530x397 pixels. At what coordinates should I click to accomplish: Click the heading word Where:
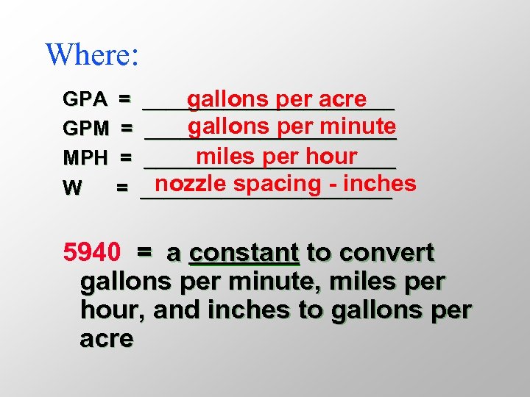click(x=92, y=54)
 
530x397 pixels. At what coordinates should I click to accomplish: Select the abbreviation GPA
click(x=85, y=99)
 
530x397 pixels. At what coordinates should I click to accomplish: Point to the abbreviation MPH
click(x=86, y=157)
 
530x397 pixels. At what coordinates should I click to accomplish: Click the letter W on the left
click(x=72, y=188)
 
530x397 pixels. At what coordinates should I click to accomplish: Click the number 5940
click(x=92, y=253)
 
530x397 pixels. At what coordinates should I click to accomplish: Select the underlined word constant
click(x=244, y=253)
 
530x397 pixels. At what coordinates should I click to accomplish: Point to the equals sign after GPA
click(x=125, y=98)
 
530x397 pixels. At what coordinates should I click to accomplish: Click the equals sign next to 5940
click(x=144, y=252)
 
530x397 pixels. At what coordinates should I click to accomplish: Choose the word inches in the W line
click(x=380, y=184)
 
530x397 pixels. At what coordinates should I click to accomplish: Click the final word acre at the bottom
click(x=107, y=339)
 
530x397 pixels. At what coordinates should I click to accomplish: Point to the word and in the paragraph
click(x=180, y=310)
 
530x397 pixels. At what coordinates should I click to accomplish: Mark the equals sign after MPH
click(x=126, y=157)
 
